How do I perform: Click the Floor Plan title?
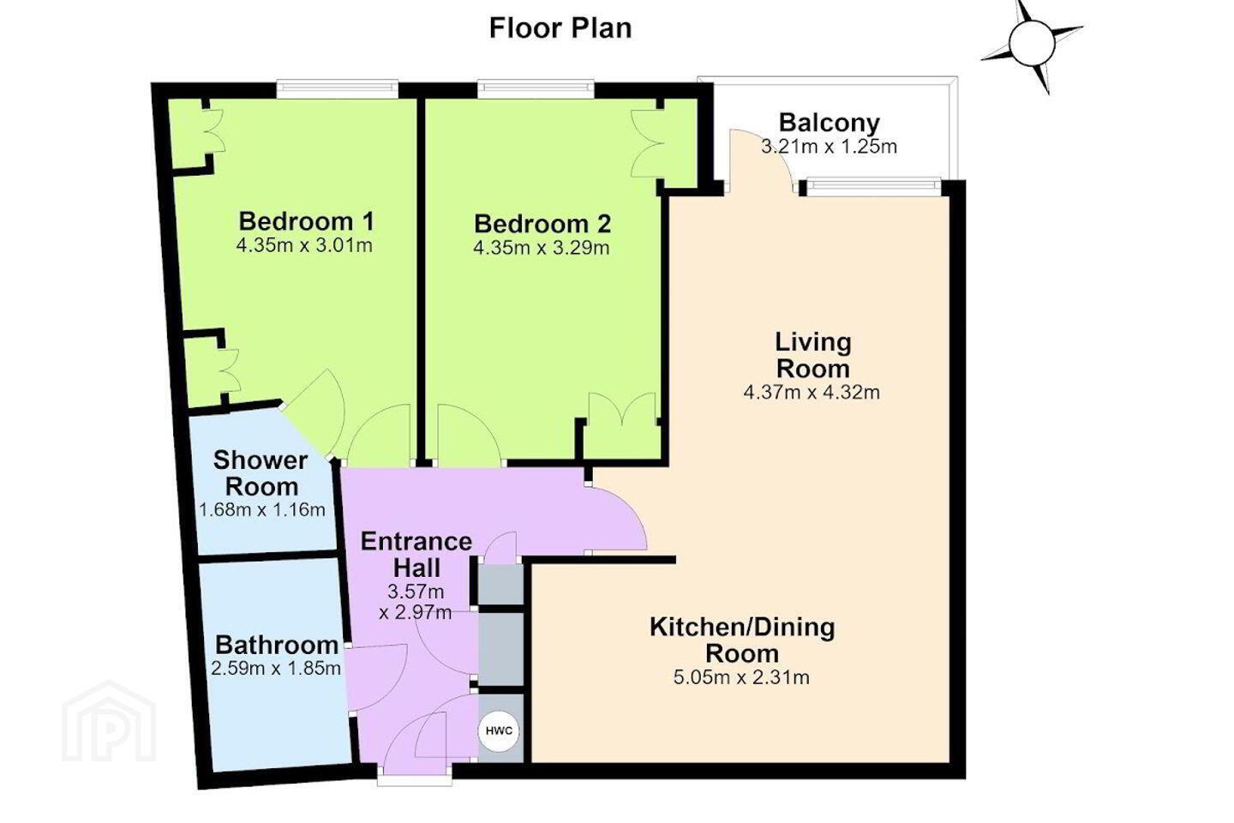(560, 28)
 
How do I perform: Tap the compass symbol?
(1032, 43)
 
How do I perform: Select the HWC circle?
(499, 731)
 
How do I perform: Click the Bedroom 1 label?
(306, 221)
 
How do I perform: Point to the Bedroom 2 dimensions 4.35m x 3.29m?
(542, 248)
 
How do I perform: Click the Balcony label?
(830, 123)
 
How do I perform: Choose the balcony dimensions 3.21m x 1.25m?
(830, 147)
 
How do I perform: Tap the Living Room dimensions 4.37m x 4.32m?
(812, 393)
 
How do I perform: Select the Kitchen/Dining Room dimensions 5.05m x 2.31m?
(741, 677)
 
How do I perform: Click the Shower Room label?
(260, 473)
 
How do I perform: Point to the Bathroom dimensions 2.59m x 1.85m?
(276, 669)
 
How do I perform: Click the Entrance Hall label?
(416, 555)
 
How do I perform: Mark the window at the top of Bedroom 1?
(337, 89)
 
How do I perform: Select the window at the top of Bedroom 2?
(536, 89)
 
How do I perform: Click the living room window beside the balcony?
(874, 187)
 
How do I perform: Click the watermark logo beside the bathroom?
(109, 722)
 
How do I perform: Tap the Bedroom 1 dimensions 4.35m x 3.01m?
(305, 245)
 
